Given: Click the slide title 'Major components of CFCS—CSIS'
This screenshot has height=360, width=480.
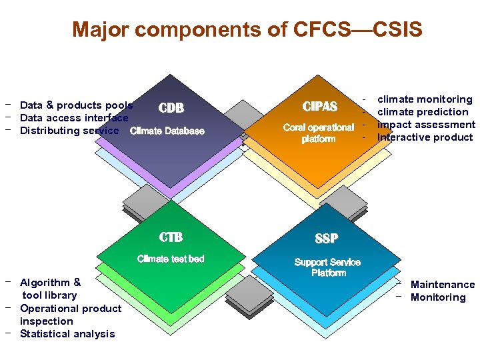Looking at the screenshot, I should [x=247, y=30].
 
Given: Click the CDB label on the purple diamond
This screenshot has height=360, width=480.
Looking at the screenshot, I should [x=171, y=108].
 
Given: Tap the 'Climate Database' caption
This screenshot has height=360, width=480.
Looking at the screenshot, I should [x=167, y=131].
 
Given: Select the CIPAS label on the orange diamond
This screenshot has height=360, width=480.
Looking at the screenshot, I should [x=320, y=107].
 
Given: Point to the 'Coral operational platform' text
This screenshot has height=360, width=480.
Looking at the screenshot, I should [x=319, y=133].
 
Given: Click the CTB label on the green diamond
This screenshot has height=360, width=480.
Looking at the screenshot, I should [x=171, y=237].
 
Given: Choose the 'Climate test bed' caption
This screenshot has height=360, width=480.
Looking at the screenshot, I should [x=171, y=259].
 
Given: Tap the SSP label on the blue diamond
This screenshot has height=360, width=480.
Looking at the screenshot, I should [x=327, y=238].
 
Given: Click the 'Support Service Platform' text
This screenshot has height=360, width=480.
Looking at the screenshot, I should [x=327, y=267].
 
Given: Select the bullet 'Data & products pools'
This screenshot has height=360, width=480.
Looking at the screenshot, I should [x=76, y=105].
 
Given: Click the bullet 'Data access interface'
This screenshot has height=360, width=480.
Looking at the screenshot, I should [x=74, y=118].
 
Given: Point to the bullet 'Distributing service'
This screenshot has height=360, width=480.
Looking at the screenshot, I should [x=69, y=131].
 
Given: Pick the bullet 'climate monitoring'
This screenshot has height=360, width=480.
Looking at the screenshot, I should [x=425, y=99].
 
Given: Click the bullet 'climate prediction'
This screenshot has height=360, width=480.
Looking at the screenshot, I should [x=423, y=112].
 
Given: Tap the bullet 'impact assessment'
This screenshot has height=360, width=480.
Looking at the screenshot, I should [x=426, y=125].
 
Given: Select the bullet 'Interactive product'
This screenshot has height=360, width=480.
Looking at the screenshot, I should [x=425, y=137].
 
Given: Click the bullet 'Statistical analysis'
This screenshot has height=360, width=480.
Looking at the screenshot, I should [x=67, y=334].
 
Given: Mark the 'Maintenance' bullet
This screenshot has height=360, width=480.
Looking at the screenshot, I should [x=443, y=285].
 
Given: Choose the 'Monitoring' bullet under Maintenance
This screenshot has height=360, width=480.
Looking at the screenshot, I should [x=438, y=297].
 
